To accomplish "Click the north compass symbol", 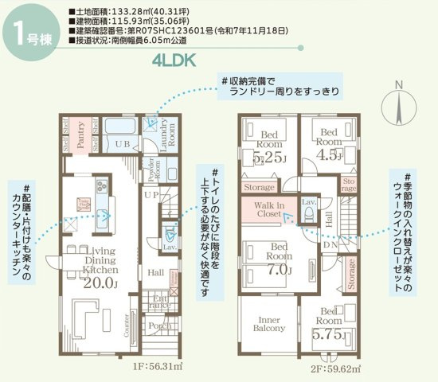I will tap(401, 104).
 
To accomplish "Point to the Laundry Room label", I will tap(165, 135).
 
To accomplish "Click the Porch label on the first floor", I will tap(160, 325).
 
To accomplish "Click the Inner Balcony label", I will tap(269, 323).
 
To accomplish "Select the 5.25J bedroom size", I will tap(268, 158).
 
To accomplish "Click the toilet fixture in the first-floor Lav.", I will tap(170, 233).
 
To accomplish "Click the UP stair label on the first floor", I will tap(151, 193).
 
